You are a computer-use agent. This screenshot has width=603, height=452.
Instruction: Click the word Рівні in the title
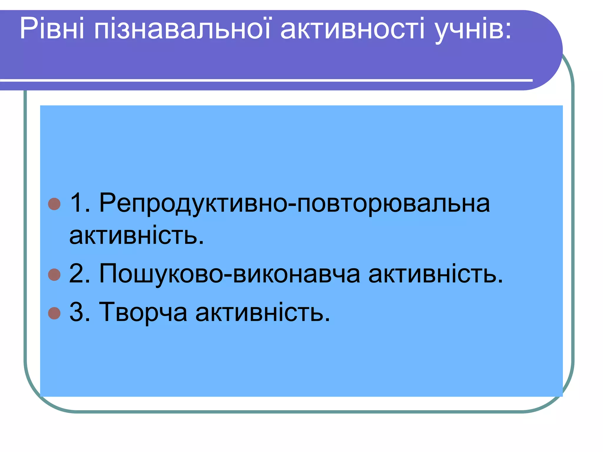click(52, 29)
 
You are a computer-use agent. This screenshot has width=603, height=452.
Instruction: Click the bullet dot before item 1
click(54, 204)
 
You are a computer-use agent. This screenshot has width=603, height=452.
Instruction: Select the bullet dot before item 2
click(54, 275)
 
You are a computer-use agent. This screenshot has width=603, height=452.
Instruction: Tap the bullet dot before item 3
click(54, 313)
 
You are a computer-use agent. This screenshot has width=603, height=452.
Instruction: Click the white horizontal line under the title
click(265, 80)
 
